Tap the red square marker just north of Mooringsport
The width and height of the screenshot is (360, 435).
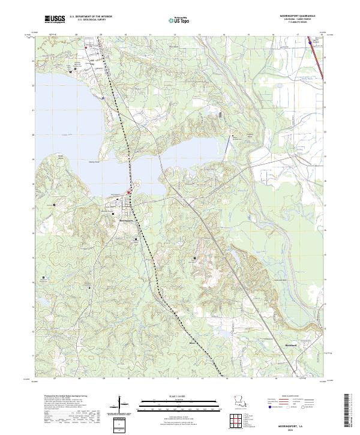coord(128,192)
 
